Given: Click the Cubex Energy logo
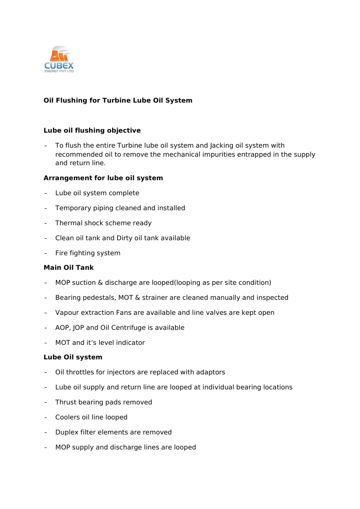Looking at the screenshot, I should [x=59, y=60].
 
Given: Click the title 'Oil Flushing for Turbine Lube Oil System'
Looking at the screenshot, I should [x=118, y=101].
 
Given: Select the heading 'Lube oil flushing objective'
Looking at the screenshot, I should [x=92, y=131].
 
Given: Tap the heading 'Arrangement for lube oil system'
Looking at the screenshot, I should [x=103, y=178].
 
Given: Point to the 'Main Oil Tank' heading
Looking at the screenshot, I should [x=69, y=268].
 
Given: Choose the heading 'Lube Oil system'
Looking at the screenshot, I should [x=73, y=357].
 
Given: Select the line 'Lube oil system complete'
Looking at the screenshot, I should [x=97, y=193].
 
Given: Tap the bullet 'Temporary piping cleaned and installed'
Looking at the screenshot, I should [x=120, y=208].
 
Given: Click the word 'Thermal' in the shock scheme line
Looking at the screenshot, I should [x=68, y=223].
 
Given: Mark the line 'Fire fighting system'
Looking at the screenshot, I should [x=88, y=253].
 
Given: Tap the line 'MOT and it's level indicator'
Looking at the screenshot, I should [x=100, y=343].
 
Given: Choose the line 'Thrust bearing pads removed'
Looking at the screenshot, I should [x=104, y=402].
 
